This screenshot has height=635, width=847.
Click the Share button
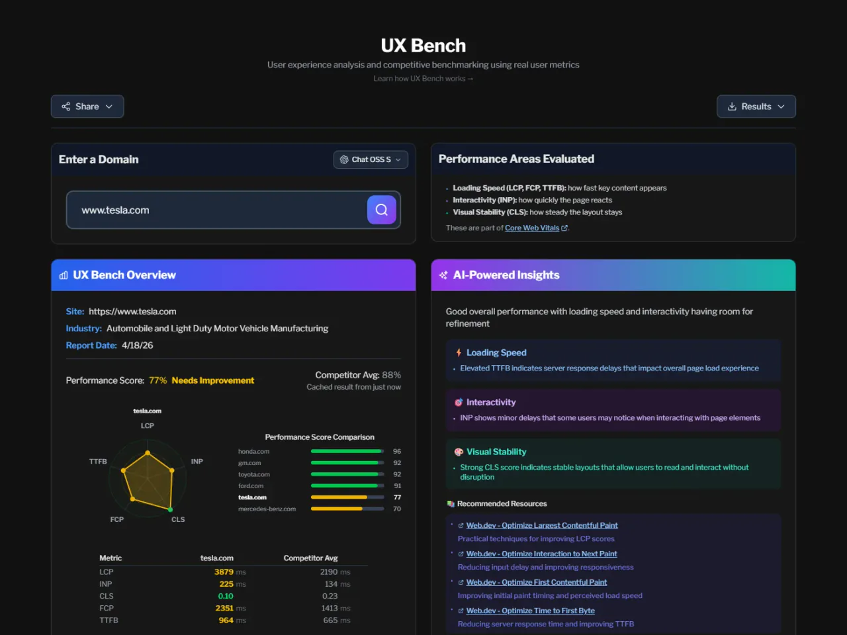(87, 106)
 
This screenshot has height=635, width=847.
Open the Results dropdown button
(756, 106)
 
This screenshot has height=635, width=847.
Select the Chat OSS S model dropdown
(371, 159)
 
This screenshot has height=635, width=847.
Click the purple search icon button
(382, 210)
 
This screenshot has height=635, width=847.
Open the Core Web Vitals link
(532, 228)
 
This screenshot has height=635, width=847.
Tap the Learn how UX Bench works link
(423, 79)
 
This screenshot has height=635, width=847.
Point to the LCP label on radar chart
(148, 426)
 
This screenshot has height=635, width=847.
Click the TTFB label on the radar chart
(98, 462)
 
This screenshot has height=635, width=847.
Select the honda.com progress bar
(347, 452)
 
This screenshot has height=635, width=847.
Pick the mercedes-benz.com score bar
(347, 509)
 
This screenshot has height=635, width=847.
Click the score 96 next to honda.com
(397, 452)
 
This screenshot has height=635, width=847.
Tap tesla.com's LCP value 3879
(224, 572)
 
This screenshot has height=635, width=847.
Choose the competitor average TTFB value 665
(330, 620)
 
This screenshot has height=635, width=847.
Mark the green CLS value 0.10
(226, 596)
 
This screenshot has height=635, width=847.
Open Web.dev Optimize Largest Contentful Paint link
(542, 525)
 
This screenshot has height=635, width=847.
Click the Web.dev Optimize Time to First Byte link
(530, 611)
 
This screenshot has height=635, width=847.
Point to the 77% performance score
(157, 380)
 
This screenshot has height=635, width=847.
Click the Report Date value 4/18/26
(138, 345)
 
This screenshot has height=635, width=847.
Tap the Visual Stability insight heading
(496, 452)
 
